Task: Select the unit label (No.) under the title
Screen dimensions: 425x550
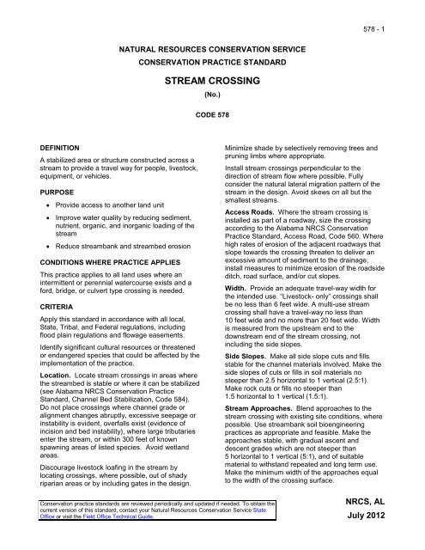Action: click(x=212, y=96)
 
